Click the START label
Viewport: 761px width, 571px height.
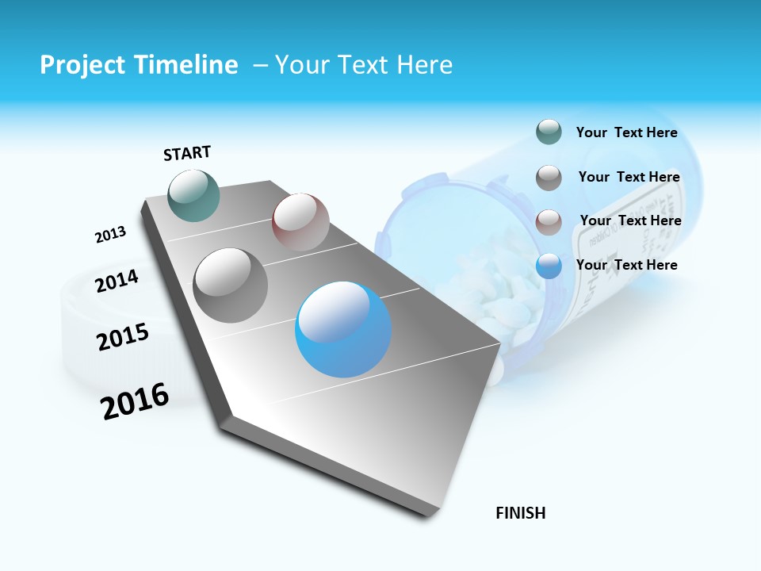tap(187, 153)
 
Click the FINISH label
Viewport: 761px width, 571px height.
tap(520, 513)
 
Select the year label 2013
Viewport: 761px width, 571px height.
tap(110, 235)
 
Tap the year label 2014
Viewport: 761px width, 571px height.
tap(117, 281)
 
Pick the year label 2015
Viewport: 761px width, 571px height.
tap(123, 337)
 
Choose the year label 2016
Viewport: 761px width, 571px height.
tap(135, 401)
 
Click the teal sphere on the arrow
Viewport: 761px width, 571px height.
tap(194, 195)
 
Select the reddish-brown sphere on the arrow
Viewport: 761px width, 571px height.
tap(300, 222)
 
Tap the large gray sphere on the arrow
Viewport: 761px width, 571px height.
tap(231, 285)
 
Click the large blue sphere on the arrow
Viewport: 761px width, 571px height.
tap(343, 329)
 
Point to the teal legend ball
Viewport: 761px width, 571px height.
tap(549, 132)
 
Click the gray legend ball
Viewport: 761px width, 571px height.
tap(549, 178)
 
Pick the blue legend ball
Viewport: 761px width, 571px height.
tap(549, 266)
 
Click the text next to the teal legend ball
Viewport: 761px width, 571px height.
tap(626, 133)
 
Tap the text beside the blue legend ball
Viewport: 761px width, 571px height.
tap(626, 265)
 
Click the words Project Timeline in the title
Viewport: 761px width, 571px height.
tap(139, 65)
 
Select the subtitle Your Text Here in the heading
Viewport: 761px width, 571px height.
tap(363, 65)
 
